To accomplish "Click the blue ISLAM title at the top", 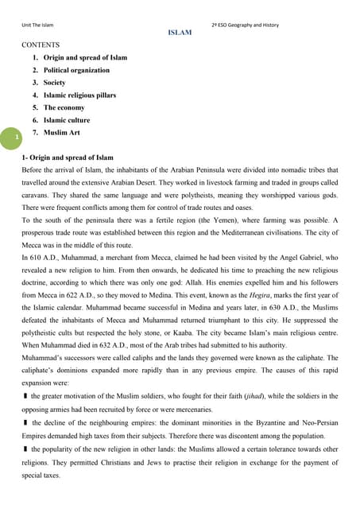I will (180, 33).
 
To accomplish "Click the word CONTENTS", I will (41, 45).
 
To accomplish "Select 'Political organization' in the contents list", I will (76, 70).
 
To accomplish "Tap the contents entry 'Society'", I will (55, 83).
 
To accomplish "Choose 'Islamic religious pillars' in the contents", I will (79, 95).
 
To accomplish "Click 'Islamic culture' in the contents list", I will (67, 120).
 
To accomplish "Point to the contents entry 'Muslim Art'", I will (61, 133).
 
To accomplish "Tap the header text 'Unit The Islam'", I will (42, 25).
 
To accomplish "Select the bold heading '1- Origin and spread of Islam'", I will (68, 157).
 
